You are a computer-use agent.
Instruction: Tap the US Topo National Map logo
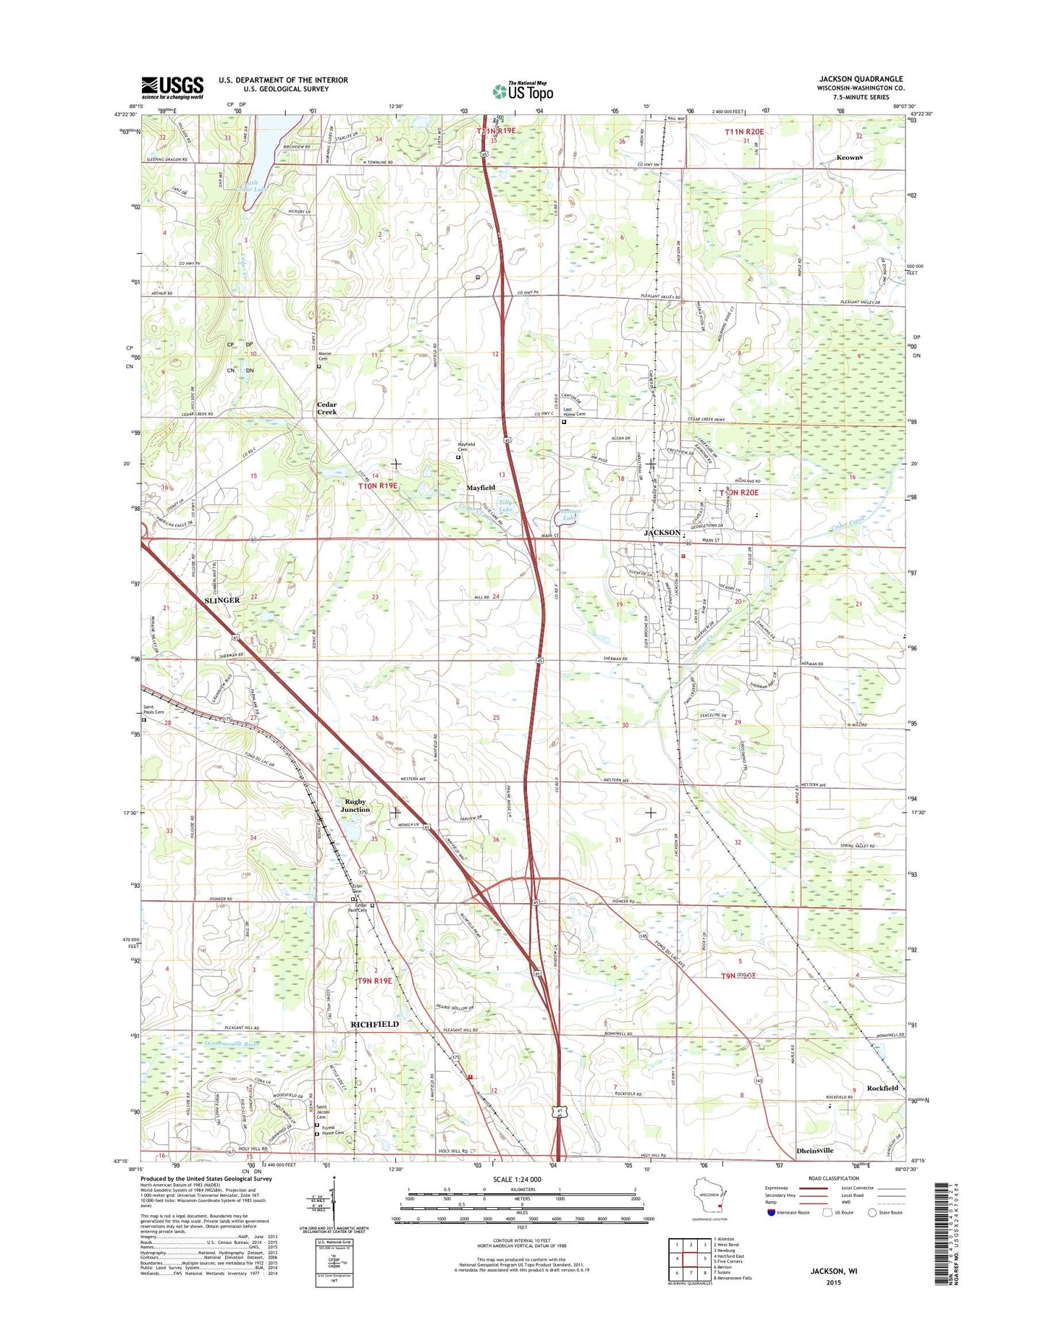pyautogui.click(x=523, y=90)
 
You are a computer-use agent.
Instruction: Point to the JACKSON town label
pyautogui.click(x=662, y=533)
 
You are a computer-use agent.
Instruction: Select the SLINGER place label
pyautogui.click(x=222, y=600)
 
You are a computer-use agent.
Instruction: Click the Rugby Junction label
pyautogui.click(x=355, y=805)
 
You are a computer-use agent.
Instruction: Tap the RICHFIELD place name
pyautogui.click(x=374, y=1024)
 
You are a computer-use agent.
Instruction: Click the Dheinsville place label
pyautogui.click(x=814, y=1150)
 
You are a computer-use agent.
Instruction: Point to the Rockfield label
pyautogui.click(x=882, y=1088)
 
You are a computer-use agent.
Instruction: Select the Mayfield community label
pyautogui.click(x=481, y=488)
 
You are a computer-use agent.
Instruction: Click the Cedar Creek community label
pyautogui.click(x=326, y=408)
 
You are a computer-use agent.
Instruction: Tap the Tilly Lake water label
pyautogui.click(x=505, y=506)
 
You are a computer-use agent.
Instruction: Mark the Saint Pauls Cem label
pyautogui.click(x=153, y=709)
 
